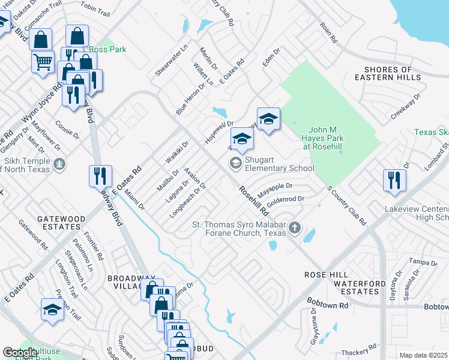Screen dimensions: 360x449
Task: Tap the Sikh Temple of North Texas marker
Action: tap(59, 163)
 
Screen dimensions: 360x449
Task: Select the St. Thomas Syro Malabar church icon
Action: tap(294, 228)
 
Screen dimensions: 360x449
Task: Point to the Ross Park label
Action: tap(108, 49)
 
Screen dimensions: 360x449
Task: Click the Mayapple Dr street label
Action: tap(275, 191)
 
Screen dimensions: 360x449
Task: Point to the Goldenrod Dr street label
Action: tap(286, 202)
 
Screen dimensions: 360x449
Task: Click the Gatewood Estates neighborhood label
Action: tap(59, 223)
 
